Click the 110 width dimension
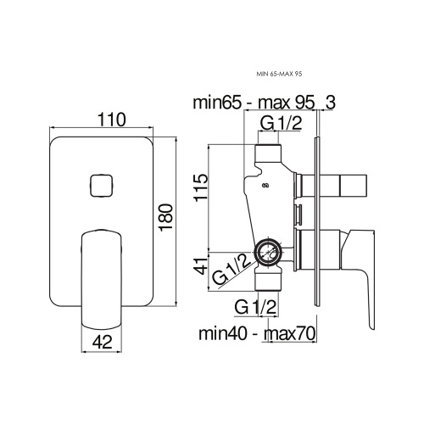click(112, 120)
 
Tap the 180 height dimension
click(166, 217)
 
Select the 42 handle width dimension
click(102, 343)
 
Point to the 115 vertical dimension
click(201, 187)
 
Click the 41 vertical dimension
click(201, 266)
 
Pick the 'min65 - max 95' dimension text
click(254, 103)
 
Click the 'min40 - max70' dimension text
click(257, 333)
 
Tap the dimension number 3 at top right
click(330, 103)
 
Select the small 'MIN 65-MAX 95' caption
click(279, 74)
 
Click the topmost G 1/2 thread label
click(281, 123)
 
